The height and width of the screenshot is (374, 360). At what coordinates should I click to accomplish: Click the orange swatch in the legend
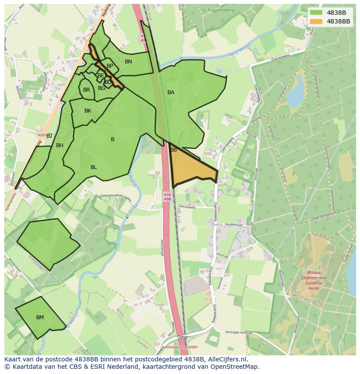click(316, 21)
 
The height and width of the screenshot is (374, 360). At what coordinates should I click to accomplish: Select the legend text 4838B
click(336, 13)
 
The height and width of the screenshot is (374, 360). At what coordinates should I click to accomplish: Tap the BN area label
click(128, 62)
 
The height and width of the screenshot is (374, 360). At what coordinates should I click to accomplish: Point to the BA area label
click(171, 93)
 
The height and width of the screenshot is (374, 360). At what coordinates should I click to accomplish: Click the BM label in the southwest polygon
click(40, 318)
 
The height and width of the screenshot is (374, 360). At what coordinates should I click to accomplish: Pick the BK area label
click(88, 111)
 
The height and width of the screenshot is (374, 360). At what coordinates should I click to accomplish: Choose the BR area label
click(87, 90)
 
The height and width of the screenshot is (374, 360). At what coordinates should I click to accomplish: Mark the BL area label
click(93, 167)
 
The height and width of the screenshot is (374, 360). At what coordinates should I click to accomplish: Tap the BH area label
click(60, 146)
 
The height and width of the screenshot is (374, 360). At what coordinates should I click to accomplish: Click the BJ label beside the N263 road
click(50, 136)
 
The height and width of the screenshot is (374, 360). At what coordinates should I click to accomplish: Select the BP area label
click(110, 66)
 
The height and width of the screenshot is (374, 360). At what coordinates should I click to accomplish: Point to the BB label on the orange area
click(173, 150)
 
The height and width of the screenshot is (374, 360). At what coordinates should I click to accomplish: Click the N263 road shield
click(42, 135)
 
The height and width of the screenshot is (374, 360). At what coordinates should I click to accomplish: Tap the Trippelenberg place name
click(221, 10)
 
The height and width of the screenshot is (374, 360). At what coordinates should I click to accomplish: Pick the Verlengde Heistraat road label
click(238, 333)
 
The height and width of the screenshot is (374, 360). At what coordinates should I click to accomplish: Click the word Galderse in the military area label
click(313, 283)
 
